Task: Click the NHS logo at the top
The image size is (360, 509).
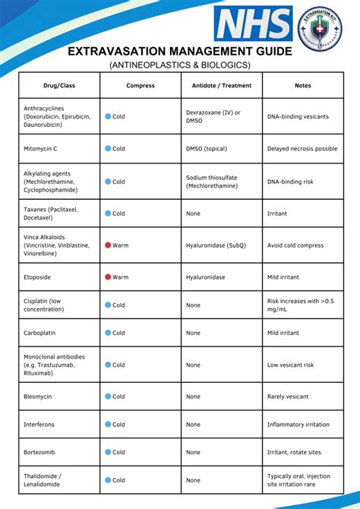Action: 253,24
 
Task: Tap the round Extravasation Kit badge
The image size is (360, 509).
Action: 320,29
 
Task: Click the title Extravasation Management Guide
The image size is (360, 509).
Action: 179,52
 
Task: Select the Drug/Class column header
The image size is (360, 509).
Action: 59,86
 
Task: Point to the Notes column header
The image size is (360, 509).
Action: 302,86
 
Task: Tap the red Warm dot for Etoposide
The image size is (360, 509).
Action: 108,277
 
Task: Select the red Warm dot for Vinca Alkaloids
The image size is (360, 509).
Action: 108,245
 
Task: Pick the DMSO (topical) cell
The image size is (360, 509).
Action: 209,149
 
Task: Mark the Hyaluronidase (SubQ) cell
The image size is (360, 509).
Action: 216,245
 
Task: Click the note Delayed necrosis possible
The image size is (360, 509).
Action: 302,149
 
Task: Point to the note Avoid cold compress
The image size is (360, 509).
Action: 297,245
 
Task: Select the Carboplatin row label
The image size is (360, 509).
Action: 39,333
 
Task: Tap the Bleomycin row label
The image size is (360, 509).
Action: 38,397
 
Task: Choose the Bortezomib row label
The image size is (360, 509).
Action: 39,453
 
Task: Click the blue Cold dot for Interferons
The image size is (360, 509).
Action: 108,425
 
